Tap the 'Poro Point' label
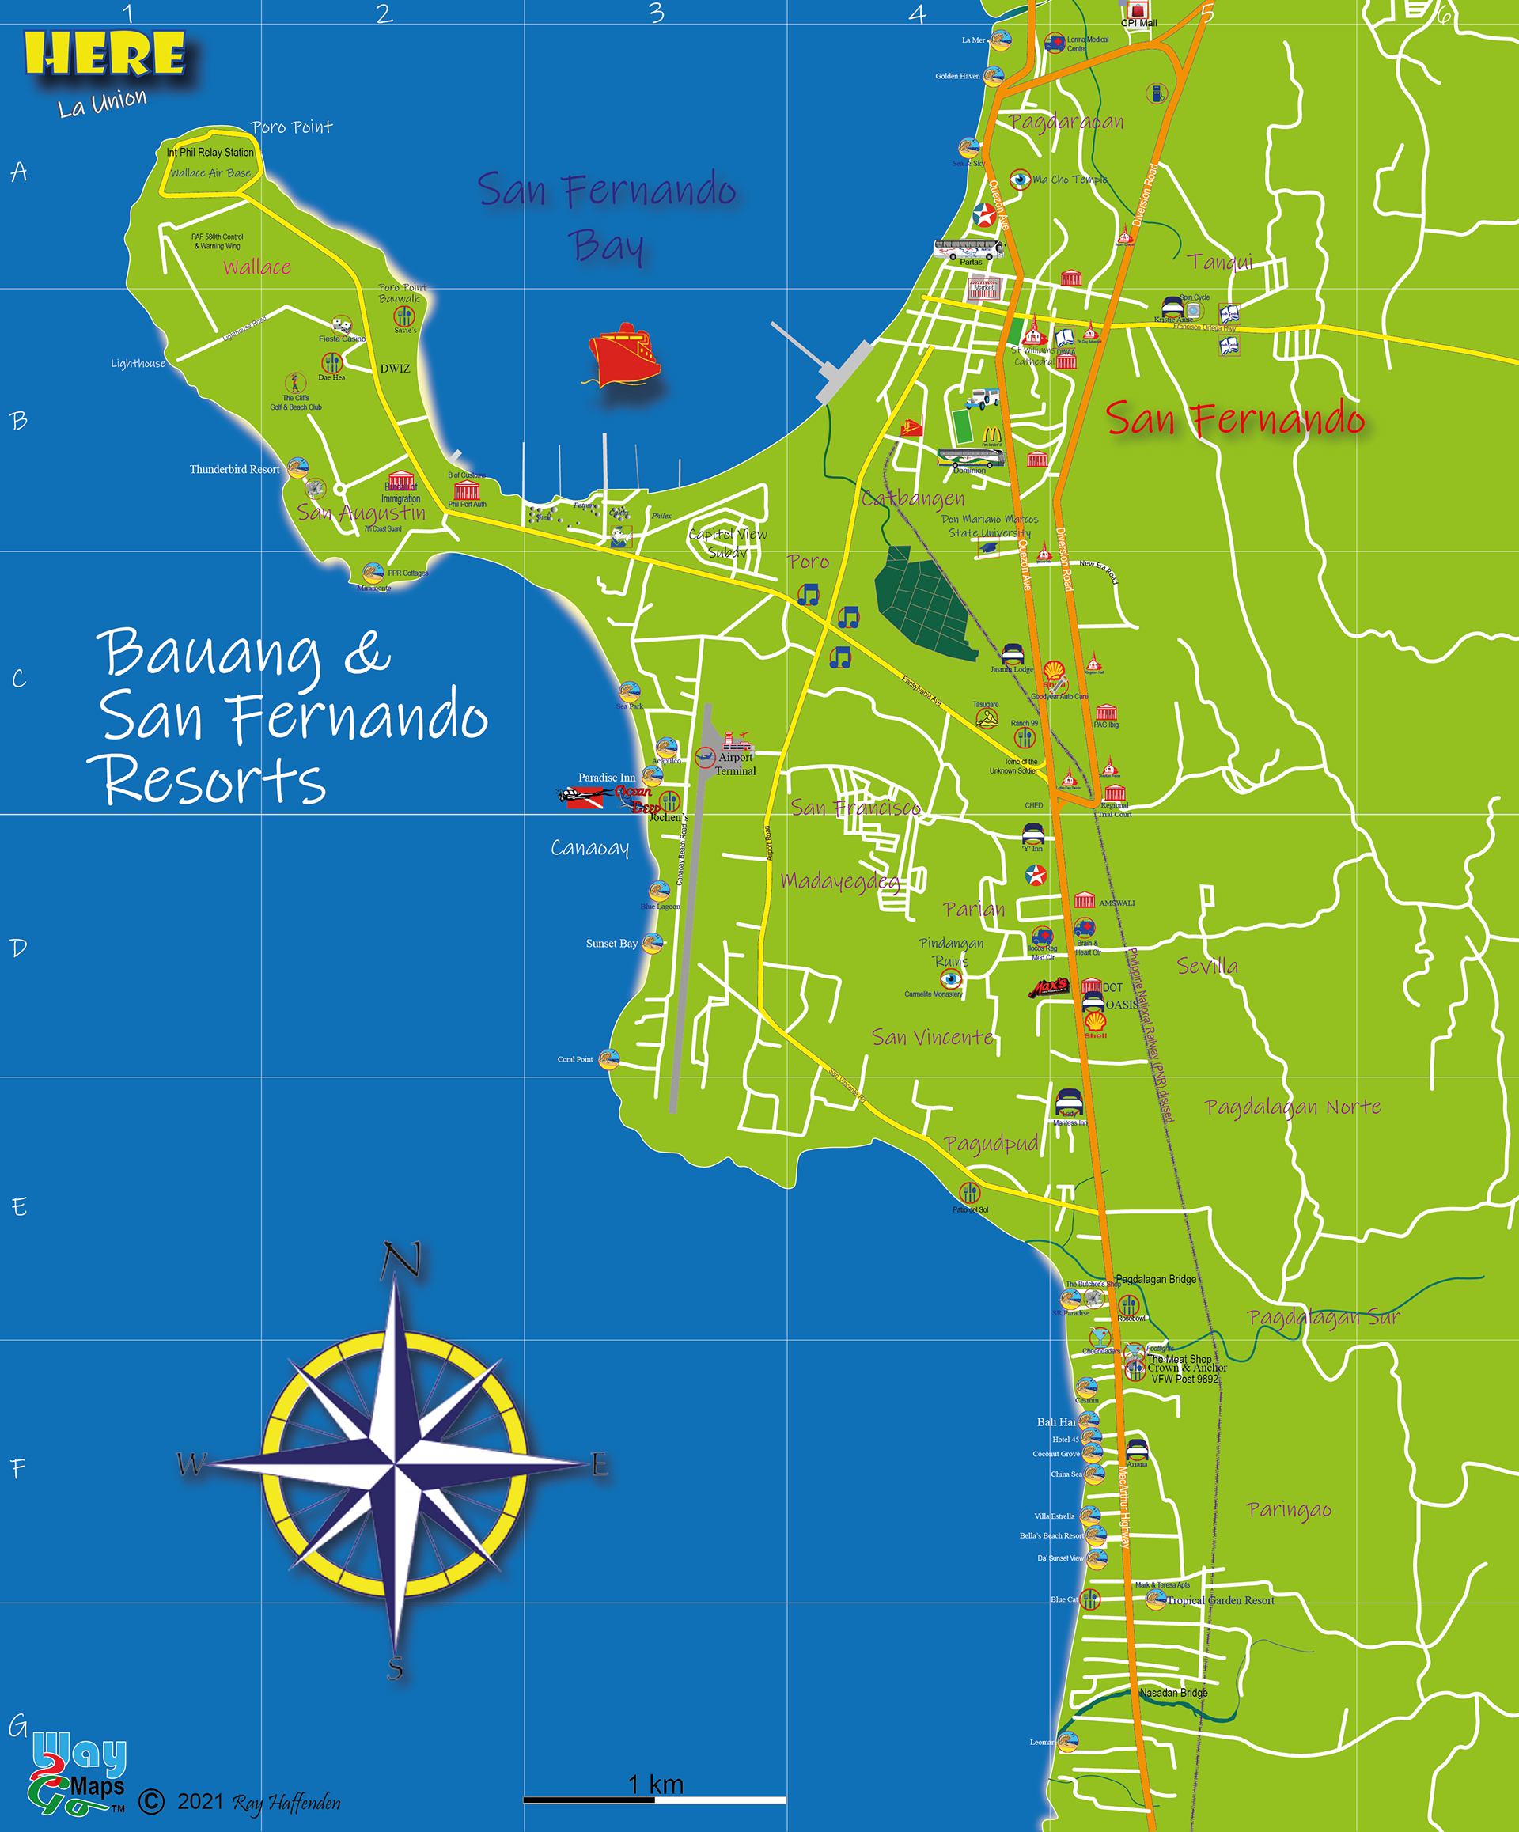tap(291, 127)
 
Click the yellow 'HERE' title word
tap(104, 54)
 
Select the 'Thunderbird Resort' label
tap(235, 469)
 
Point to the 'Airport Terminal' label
tap(736, 764)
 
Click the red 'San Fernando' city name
tap(1234, 419)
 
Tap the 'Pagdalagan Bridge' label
tap(1156, 1279)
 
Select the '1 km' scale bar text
tap(656, 1785)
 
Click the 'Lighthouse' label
tap(138, 364)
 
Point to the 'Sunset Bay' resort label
tap(612, 943)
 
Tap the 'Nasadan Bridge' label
tap(1173, 1693)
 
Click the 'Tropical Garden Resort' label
tap(1221, 1600)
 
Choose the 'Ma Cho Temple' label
tap(1070, 180)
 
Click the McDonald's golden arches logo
tap(992, 434)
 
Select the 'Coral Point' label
tap(575, 1059)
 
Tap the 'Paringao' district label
tap(1289, 1509)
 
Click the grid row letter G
tap(17, 1725)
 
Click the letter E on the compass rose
tap(600, 1465)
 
